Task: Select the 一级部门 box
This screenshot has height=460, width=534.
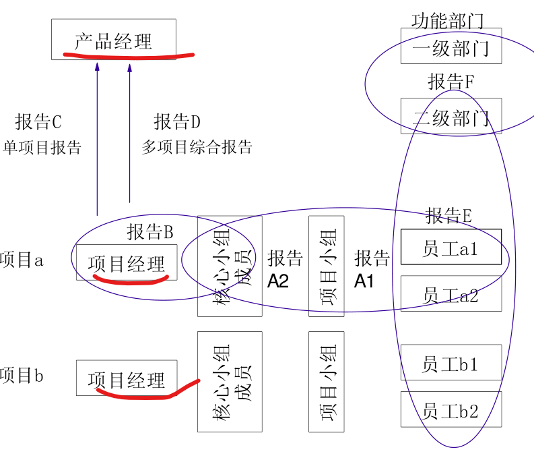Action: (450, 47)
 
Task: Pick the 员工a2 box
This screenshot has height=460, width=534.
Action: (450, 293)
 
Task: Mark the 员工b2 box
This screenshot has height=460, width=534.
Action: (450, 409)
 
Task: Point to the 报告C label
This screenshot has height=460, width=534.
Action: (38, 122)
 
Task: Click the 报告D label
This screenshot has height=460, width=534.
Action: (177, 122)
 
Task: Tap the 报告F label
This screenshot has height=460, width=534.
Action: (451, 82)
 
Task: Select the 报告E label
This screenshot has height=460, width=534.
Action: (448, 215)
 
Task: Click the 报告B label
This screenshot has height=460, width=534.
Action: (150, 231)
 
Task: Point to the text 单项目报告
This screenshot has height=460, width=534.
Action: (42, 148)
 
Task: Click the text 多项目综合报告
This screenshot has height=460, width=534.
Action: (197, 147)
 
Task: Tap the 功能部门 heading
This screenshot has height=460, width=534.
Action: (447, 20)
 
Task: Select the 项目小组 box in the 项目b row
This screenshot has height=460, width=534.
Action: (327, 382)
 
